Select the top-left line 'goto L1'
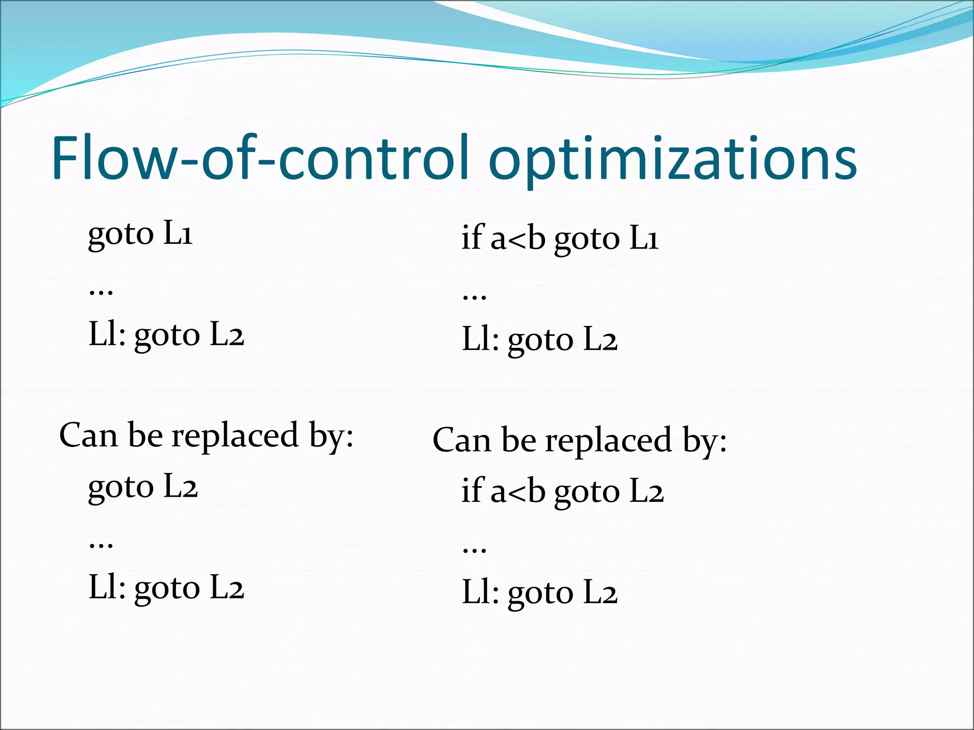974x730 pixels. click(140, 234)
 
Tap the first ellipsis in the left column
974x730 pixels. click(101, 291)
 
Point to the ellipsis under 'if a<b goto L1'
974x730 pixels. click(474, 296)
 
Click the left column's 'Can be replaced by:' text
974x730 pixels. click(206, 435)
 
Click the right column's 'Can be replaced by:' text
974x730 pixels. click(579, 441)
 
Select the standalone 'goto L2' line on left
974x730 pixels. click(143, 487)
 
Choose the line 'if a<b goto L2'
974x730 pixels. click(562, 491)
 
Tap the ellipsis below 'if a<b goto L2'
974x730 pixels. click(474, 549)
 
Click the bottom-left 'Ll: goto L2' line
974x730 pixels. click(166, 588)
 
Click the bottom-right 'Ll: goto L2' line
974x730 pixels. click(539, 593)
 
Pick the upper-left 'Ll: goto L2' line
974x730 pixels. click(166, 336)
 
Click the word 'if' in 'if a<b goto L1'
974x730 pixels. click(472, 237)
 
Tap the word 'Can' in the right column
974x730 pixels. click(461, 441)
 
